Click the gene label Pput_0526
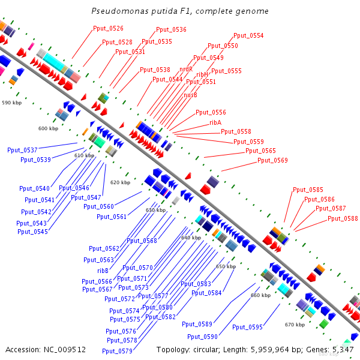tap(108, 28)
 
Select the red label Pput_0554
tap(248, 36)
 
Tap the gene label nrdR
tap(186, 69)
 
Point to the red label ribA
tap(215, 122)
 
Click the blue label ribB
tap(103, 271)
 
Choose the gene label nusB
tap(190, 95)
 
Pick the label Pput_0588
tap(343, 218)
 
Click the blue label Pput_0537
tap(22, 150)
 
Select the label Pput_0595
tap(247, 327)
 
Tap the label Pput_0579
tap(118, 351)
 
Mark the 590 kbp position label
tap(11, 103)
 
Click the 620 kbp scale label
tap(120, 182)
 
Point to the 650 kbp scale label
tap(226, 266)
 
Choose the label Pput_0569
tap(272, 161)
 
